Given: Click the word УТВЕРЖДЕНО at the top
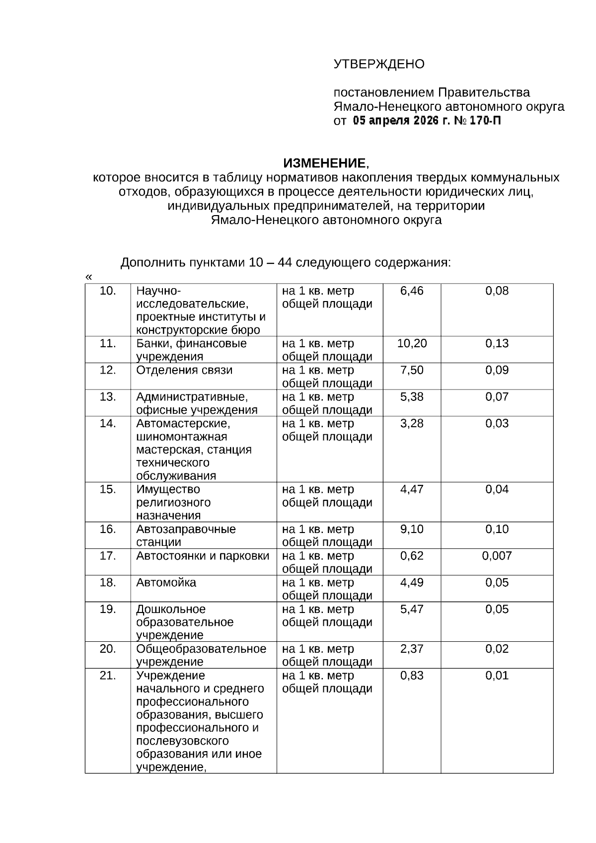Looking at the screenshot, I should point(378,64).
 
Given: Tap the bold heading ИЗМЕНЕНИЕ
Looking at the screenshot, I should point(324,163).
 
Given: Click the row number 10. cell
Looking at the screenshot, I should point(107,291).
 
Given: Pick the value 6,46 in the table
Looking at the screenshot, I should point(412,291).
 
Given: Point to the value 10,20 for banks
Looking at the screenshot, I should point(412,344).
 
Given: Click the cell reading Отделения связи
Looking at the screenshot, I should point(184,371).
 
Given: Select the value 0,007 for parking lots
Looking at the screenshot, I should point(497,556).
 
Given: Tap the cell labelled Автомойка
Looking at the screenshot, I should point(166,583).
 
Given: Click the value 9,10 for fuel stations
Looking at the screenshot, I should point(412,530).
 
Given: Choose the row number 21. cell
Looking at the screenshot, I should point(107,676).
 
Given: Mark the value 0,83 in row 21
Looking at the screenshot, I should point(412,676).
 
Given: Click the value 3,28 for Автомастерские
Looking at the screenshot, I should point(412,424).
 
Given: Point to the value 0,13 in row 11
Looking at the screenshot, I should point(497,344).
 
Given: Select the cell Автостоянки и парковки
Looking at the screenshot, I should point(203,556).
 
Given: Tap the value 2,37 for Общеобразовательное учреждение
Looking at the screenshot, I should point(412,649).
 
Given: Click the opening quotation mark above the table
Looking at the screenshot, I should point(89,277).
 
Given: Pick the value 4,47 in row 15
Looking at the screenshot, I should point(412,490).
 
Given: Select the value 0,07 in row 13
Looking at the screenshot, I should point(497,397).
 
